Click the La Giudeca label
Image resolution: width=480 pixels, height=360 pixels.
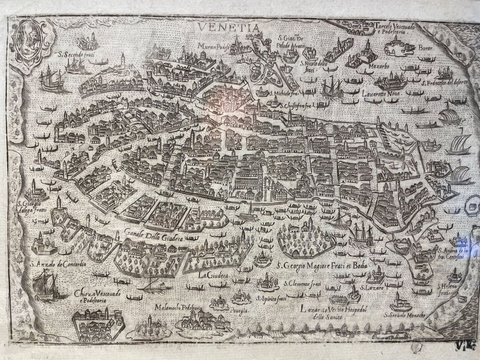(215, 276)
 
